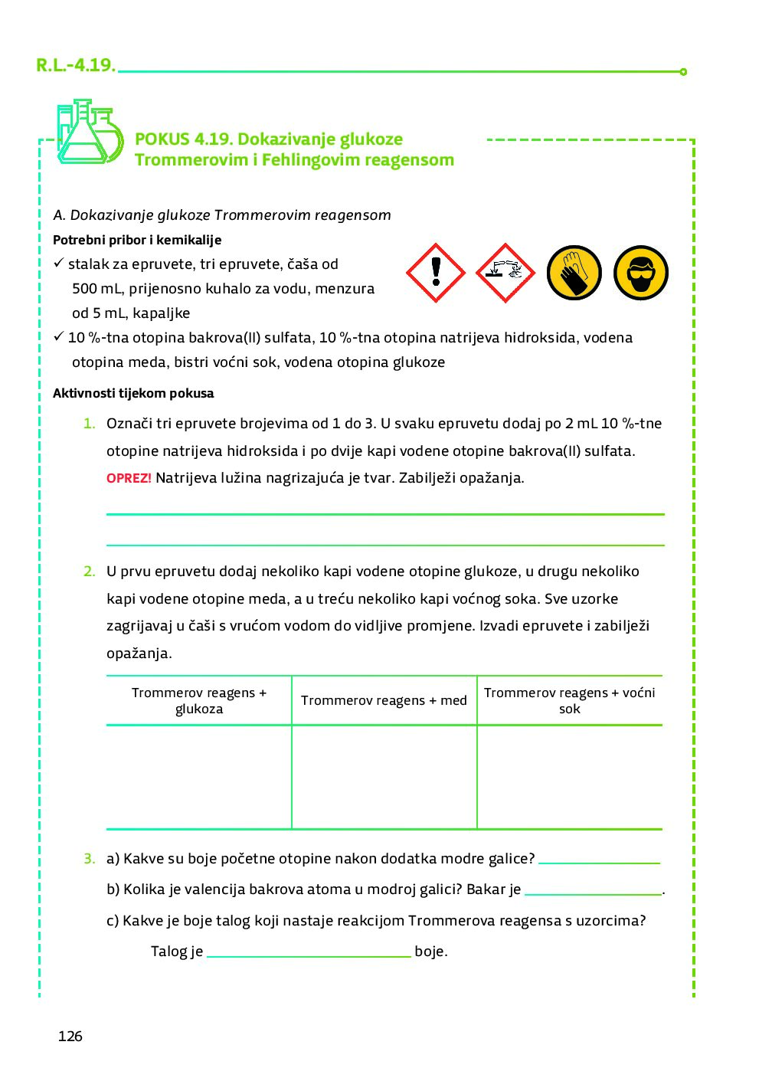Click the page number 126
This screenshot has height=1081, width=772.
(70, 1036)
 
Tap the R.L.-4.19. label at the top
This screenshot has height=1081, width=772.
(75, 65)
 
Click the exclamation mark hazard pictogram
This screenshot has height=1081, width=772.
(436, 273)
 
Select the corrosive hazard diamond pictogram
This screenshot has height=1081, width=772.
(505, 273)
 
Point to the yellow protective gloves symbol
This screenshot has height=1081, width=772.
(574, 273)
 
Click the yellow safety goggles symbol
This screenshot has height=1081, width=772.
(641, 273)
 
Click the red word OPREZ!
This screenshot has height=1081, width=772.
(129, 478)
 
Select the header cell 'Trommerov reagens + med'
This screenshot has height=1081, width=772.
(384, 700)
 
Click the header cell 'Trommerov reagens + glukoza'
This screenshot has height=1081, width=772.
(199, 700)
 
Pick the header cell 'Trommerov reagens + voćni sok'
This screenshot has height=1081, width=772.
(569, 700)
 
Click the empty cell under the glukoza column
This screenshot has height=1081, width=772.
(199, 777)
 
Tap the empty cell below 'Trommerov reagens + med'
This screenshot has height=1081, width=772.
(384, 777)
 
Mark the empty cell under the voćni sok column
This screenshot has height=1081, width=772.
(569, 777)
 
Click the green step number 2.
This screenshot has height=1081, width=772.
(90, 571)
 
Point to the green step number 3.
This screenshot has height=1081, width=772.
(90, 859)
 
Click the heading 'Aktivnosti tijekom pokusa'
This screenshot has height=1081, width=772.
(133, 393)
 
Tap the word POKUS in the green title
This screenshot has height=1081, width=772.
(162, 139)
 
